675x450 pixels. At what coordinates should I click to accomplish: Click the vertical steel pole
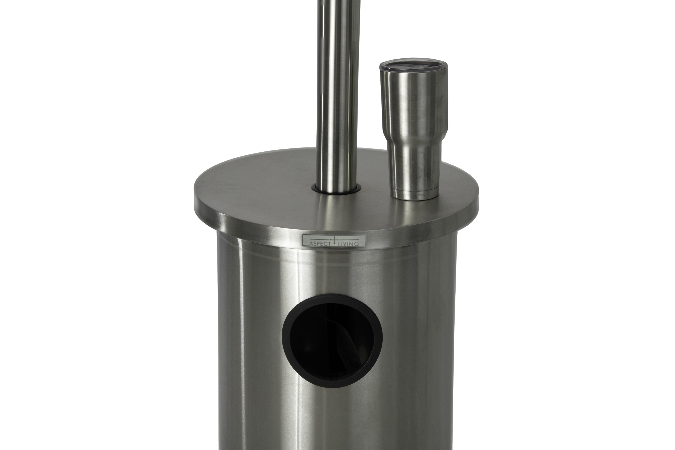click(336, 86)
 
